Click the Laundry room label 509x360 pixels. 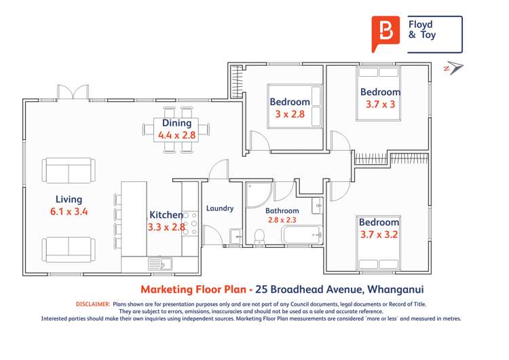tap(220, 209)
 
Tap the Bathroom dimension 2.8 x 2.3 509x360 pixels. tap(282, 220)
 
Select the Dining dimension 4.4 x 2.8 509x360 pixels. tap(176, 135)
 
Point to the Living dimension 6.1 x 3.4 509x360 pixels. tap(69, 211)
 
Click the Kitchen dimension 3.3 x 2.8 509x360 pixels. tap(166, 227)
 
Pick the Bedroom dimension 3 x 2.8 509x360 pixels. tap(290, 114)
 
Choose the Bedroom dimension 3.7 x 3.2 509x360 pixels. tap(379, 235)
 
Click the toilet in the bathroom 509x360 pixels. tap(259, 236)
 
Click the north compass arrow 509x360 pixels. tap(453, 67)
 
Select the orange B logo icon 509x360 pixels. tap(385, 33)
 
